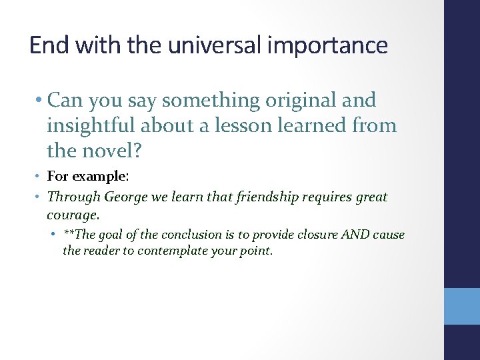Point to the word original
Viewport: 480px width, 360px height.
click(301, 101)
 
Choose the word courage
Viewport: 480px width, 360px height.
click(71, 215)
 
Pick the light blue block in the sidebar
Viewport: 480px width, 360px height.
click(462, 306)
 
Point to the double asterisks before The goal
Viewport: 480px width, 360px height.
click(69, 234)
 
